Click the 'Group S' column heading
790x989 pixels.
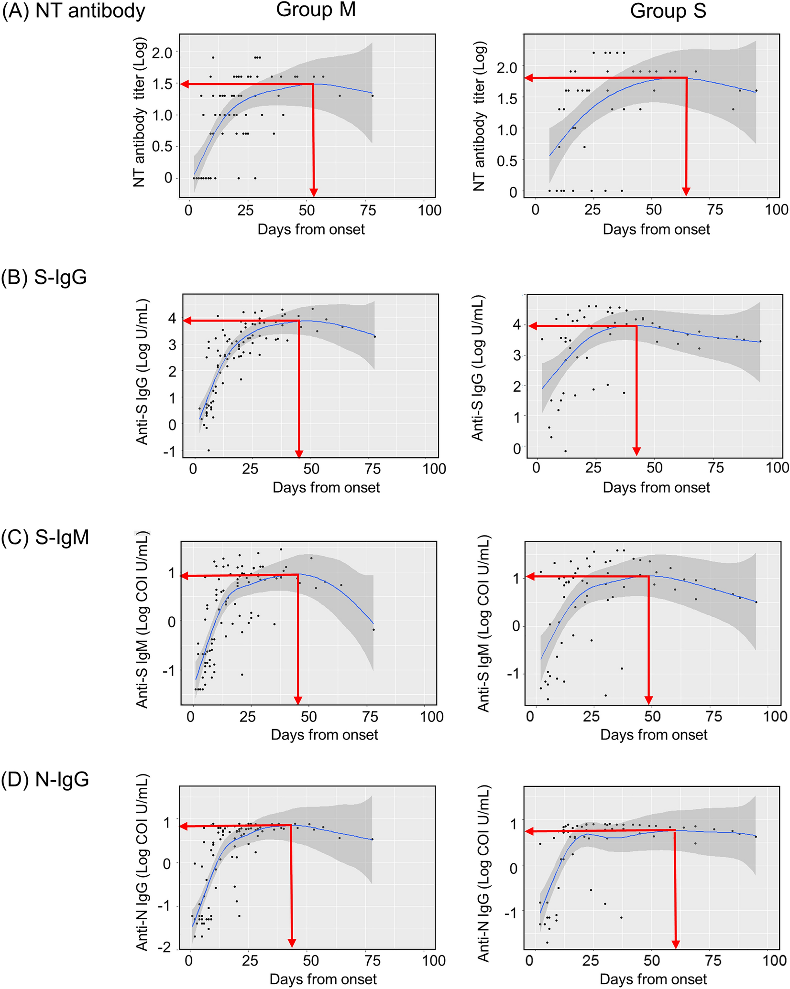pos(668,11)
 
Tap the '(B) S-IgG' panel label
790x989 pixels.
pos(44,277)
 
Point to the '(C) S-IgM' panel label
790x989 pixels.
pos(45,537)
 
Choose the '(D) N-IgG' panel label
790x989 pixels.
pos(45,780)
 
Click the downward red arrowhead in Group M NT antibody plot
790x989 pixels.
pos(314,192)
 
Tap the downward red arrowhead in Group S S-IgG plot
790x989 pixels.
pos(636,451)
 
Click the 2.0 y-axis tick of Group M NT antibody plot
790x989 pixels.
pos(162,52)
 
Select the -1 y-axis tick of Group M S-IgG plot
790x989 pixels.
pos(170,451)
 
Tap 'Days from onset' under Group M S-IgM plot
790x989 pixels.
pos(324,734)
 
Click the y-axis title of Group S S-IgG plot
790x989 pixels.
pos(477,368)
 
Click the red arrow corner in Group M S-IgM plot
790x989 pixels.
pos(298,575)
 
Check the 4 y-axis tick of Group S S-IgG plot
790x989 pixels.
pos(516,325)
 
